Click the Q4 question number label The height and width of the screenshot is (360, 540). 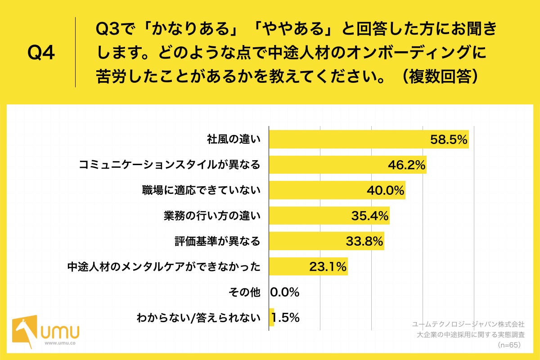41,53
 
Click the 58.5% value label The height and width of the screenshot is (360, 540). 449,140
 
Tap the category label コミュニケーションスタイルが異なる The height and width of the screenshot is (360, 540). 170,165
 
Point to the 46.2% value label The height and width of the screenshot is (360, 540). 407,165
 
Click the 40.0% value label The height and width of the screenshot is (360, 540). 386,191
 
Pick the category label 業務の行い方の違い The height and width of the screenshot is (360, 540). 212,216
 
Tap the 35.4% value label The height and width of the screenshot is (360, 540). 370,216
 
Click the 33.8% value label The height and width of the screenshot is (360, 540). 364,242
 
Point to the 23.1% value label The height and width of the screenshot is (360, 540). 328,267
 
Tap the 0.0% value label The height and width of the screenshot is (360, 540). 285,292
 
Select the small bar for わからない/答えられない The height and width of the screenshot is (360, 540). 271,318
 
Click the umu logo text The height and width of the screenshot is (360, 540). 60,332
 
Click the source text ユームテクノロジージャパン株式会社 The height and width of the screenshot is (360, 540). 468,324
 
